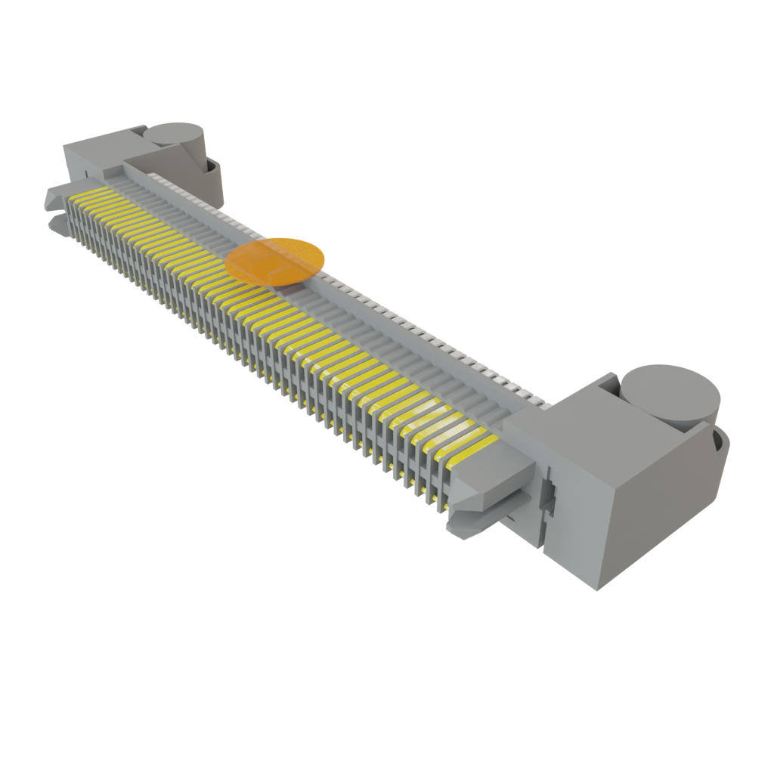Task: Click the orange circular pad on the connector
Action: pyautogui.click(x=275, y=261)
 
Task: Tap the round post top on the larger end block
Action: pyautogui.click(x=669, y=393)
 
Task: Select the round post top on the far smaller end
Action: pyautogui.click(x=175, y=133)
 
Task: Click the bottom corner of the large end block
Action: pyautogui.click(x=597, y=588)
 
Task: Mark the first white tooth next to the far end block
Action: pyautogui.click(x=155, y=175)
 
